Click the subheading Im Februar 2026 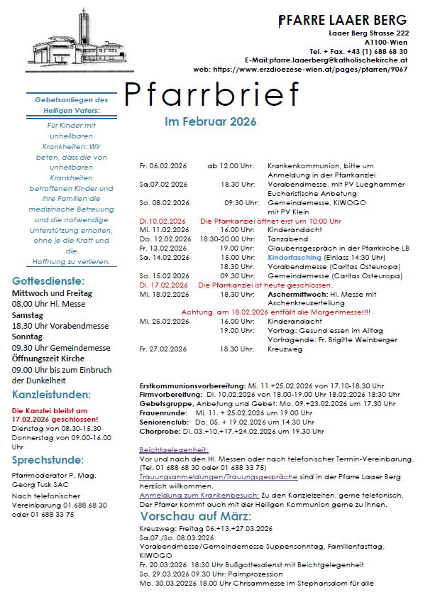(210, 122)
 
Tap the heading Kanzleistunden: (51, 395)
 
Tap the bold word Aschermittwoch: (297, 294)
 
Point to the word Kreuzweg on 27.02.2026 (285, 349)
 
